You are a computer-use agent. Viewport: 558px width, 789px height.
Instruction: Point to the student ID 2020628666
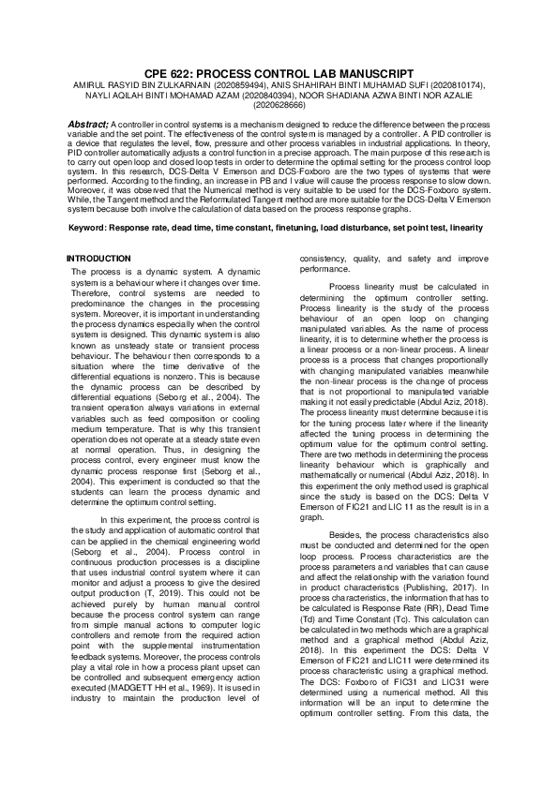[279, 105]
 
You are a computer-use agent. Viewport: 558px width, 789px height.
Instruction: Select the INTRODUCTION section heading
[98, 258]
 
